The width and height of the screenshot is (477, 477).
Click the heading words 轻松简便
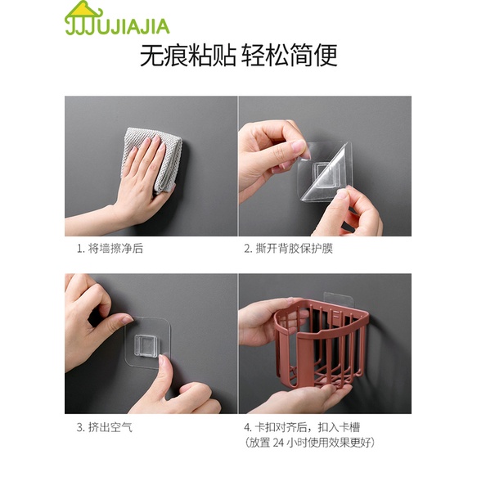coord(290,56)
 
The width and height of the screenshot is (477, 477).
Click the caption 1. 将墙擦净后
coord(110,248)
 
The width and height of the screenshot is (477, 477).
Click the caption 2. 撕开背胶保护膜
coord(288,248)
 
